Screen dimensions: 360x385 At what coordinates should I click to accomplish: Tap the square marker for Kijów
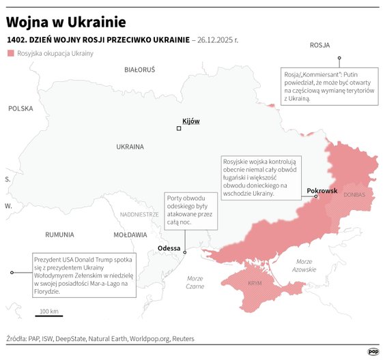179,128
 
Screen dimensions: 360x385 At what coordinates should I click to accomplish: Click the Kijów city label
191,121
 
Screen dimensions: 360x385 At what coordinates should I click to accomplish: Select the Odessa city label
169,247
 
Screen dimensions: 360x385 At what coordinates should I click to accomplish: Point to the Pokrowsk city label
322,190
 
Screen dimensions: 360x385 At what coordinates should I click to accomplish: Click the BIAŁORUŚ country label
140,70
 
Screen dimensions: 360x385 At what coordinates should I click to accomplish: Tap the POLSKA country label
20,108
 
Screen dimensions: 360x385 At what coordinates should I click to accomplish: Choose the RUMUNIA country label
59,235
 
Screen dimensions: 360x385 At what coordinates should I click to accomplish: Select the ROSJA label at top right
319,45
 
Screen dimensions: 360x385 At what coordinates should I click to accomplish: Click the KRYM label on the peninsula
255,282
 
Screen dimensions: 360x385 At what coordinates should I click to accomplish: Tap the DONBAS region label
354,195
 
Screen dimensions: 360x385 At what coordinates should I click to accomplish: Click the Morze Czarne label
195,282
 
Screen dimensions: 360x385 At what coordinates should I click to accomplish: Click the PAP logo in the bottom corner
373,351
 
